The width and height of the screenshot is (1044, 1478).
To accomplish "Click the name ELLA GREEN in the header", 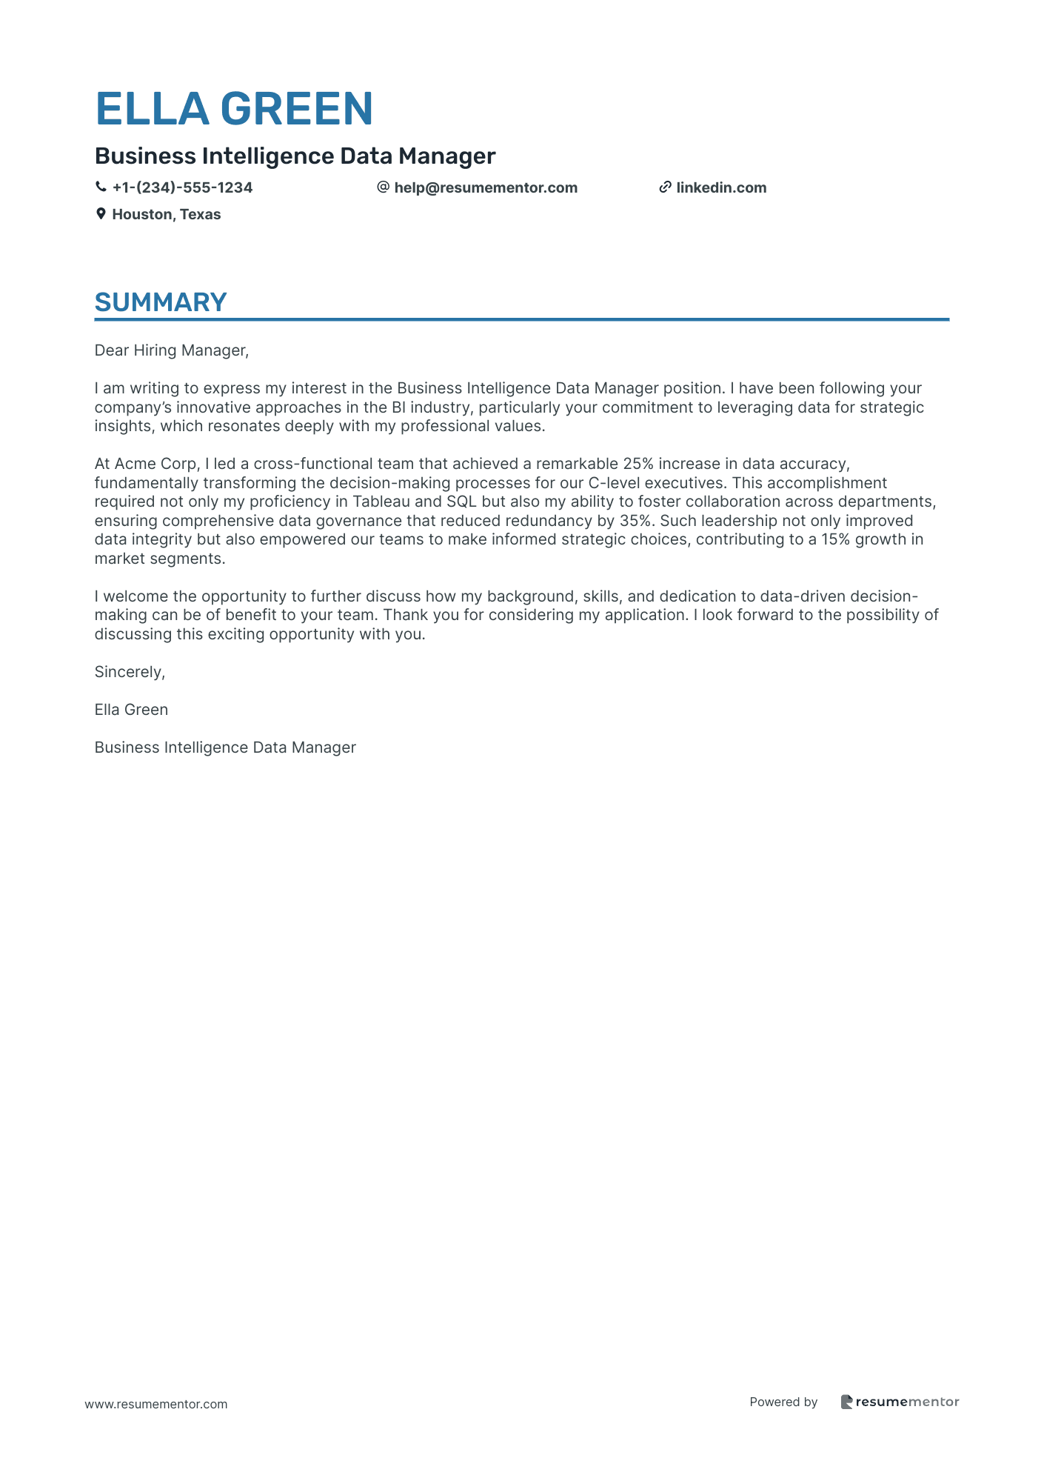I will (x=234, y=109).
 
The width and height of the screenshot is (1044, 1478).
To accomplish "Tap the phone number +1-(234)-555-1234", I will (x=182, y=187).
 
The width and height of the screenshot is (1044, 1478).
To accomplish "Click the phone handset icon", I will (x=101, y=187).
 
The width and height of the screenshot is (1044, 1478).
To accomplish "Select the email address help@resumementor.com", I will (x=485, y=187).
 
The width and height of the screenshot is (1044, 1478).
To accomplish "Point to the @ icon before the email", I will (x=383, y=187).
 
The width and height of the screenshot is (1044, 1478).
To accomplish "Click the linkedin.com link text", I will (x=721, y=187).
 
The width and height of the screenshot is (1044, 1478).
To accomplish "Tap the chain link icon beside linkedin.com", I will (x=665, y=187).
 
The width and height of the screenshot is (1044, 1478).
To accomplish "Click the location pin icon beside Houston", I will (x=101, y=214).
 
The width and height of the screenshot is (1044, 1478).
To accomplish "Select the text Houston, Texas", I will (x=166, y=214).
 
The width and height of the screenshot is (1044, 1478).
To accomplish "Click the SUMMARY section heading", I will (x=161, y=302).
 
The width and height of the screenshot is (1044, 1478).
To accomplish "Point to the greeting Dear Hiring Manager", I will (x=171, y=350).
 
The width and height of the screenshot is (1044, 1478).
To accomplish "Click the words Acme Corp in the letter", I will (x=155, y=464).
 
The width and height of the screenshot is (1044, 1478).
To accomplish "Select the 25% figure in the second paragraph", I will (x=638, y=464).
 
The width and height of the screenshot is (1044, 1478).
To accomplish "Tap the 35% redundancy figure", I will (x=635, y=521).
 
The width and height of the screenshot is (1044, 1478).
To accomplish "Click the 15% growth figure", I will (x=835, y=539).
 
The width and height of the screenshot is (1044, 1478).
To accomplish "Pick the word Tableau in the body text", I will (x=381, y=502).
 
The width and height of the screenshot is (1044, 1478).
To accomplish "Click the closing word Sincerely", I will (x=129, y=672).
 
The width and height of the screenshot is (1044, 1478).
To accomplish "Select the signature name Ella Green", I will (x=131, y=710).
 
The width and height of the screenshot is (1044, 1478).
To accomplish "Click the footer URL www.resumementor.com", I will (x=156, y=1404).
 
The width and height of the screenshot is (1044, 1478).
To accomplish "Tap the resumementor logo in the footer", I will (x=899, y=1402).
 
